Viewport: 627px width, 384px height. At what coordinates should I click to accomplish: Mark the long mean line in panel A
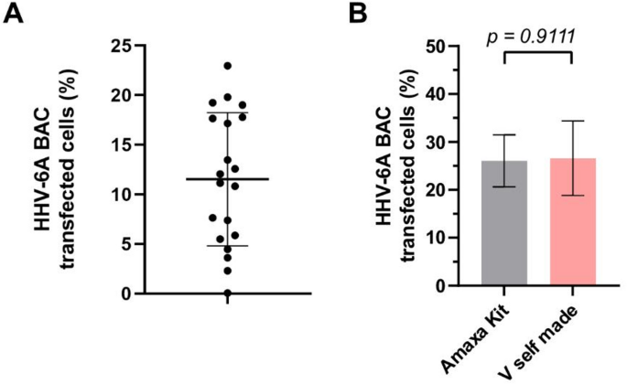(x=227, y=179)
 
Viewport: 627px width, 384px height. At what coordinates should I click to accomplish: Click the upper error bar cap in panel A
(x=227, y=112)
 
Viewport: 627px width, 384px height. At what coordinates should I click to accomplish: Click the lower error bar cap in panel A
(x=227, y=246)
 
